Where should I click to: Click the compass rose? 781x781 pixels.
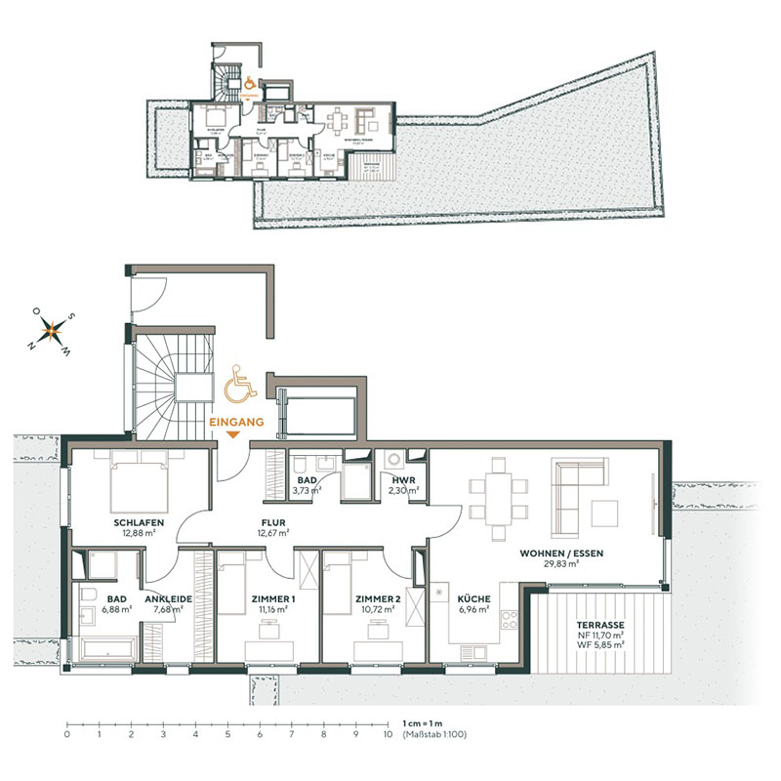[53, 329]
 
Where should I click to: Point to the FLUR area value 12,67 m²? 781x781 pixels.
[272, 533]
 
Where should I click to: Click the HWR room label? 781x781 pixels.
[404, 480]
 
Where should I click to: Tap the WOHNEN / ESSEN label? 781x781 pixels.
[561, 554]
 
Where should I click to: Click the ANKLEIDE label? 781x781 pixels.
[169, 599]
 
